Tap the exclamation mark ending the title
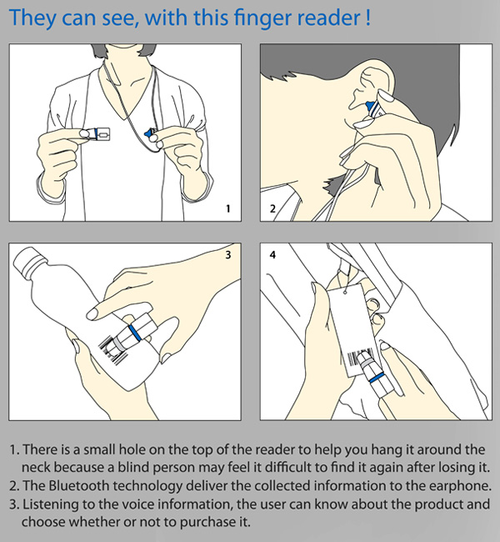coord(367,18)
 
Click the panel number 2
coord(272,206)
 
